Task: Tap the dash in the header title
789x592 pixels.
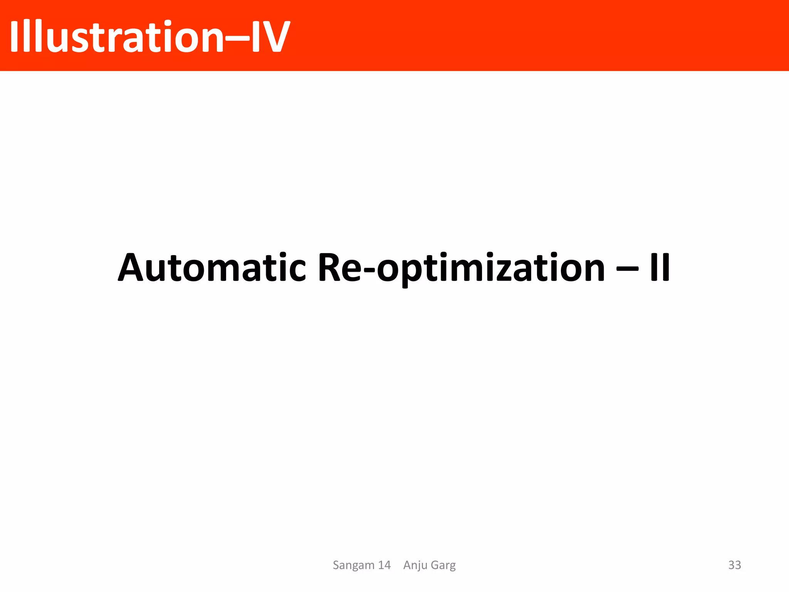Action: point(237,38)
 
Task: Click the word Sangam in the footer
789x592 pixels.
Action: point(354,565)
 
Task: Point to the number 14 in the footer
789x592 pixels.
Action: point(384,565)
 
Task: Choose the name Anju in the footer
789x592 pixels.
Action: point(415,565)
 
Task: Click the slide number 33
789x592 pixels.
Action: point(734,565)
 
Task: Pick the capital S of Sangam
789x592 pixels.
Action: point(336,565)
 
